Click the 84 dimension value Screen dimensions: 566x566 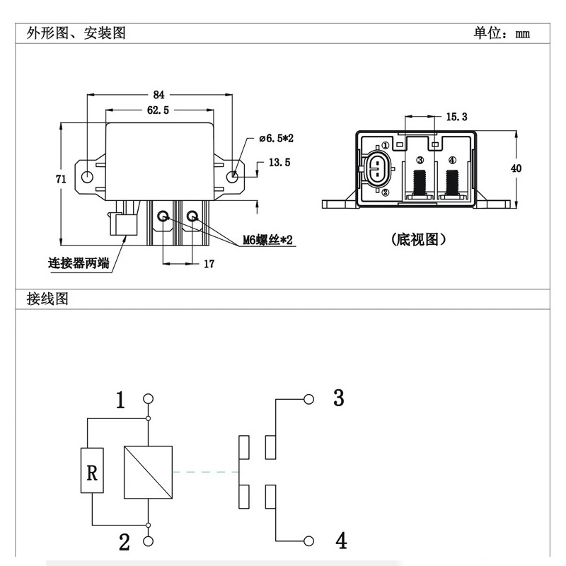click(x=158, y=95)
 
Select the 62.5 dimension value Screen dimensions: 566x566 click(x=158, y=110)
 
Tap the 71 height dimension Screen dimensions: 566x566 click(x=61, y=179)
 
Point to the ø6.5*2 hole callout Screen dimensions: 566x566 click(x=276, y=138)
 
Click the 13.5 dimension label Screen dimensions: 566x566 click(x=279, y=163)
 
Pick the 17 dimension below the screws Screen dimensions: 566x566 click(x=209, y=264)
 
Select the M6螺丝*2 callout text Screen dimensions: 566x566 click(x=267, y=240)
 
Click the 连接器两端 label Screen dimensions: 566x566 click(x=79, y=263)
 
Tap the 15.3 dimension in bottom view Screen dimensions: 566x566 click(x=456, y=117)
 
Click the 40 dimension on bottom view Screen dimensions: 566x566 click(x=516, y=168)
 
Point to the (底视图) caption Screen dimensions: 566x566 click(x=419, y=240)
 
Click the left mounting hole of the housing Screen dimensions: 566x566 click(x=87, y=177)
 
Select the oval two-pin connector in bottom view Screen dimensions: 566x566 click(x=376, y=169)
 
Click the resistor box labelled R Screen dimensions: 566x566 click(x=92, y=470)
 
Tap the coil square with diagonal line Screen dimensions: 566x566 click(x=148, y=472)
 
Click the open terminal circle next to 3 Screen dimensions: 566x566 click(x=308, y=399)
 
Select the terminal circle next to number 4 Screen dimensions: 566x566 click(x=308, y=541)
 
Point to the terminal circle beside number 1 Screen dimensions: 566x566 click(x=148, y=399)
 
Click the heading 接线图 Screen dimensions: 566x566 click(x=47, y=299)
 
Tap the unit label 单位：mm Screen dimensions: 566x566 click(x=502, y=33)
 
